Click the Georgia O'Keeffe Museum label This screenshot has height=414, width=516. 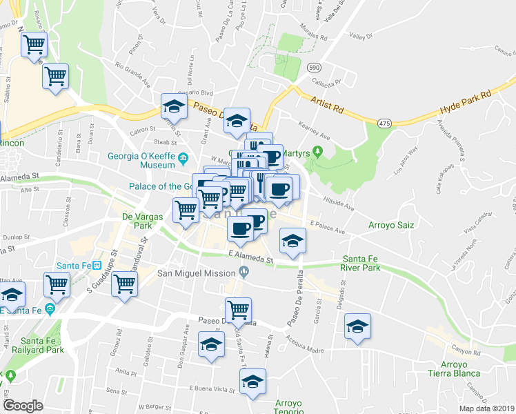pyautogui.click(x=141, y=160)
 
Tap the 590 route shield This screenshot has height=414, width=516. pyautogui.click(x=315, y=68)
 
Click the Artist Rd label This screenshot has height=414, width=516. pyautogui.click(x=327, y=103)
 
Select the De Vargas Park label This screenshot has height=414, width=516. pyautogui.click(x=132, y=220)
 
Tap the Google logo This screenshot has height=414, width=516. pyautogui.click(x=23, y=406)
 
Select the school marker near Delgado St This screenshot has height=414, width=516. pyautogui.click(x=358, y=328)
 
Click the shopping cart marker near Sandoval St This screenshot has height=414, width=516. pyautogui.click(x=125, y=284)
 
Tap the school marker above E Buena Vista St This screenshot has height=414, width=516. pyautogui.click(x=252, y=382)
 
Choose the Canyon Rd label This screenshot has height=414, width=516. pyautogui.click(x=466, y=352)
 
